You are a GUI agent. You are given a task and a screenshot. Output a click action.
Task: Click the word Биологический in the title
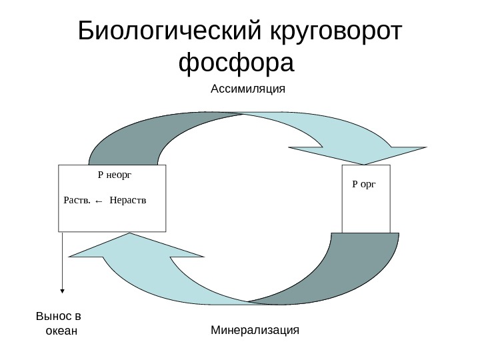tap(171, 31)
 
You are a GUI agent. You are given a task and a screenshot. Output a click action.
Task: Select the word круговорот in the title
tap(337, 31)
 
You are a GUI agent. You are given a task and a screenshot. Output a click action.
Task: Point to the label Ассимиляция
tap(248, 89)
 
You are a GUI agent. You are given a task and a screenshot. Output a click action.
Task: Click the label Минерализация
tap(255, 329)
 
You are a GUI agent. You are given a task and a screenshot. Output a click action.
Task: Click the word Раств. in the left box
tap(75, 199)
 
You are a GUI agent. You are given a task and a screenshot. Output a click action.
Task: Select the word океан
tap(61, 331)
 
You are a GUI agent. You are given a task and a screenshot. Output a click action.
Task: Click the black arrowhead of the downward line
tap(63, 290)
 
